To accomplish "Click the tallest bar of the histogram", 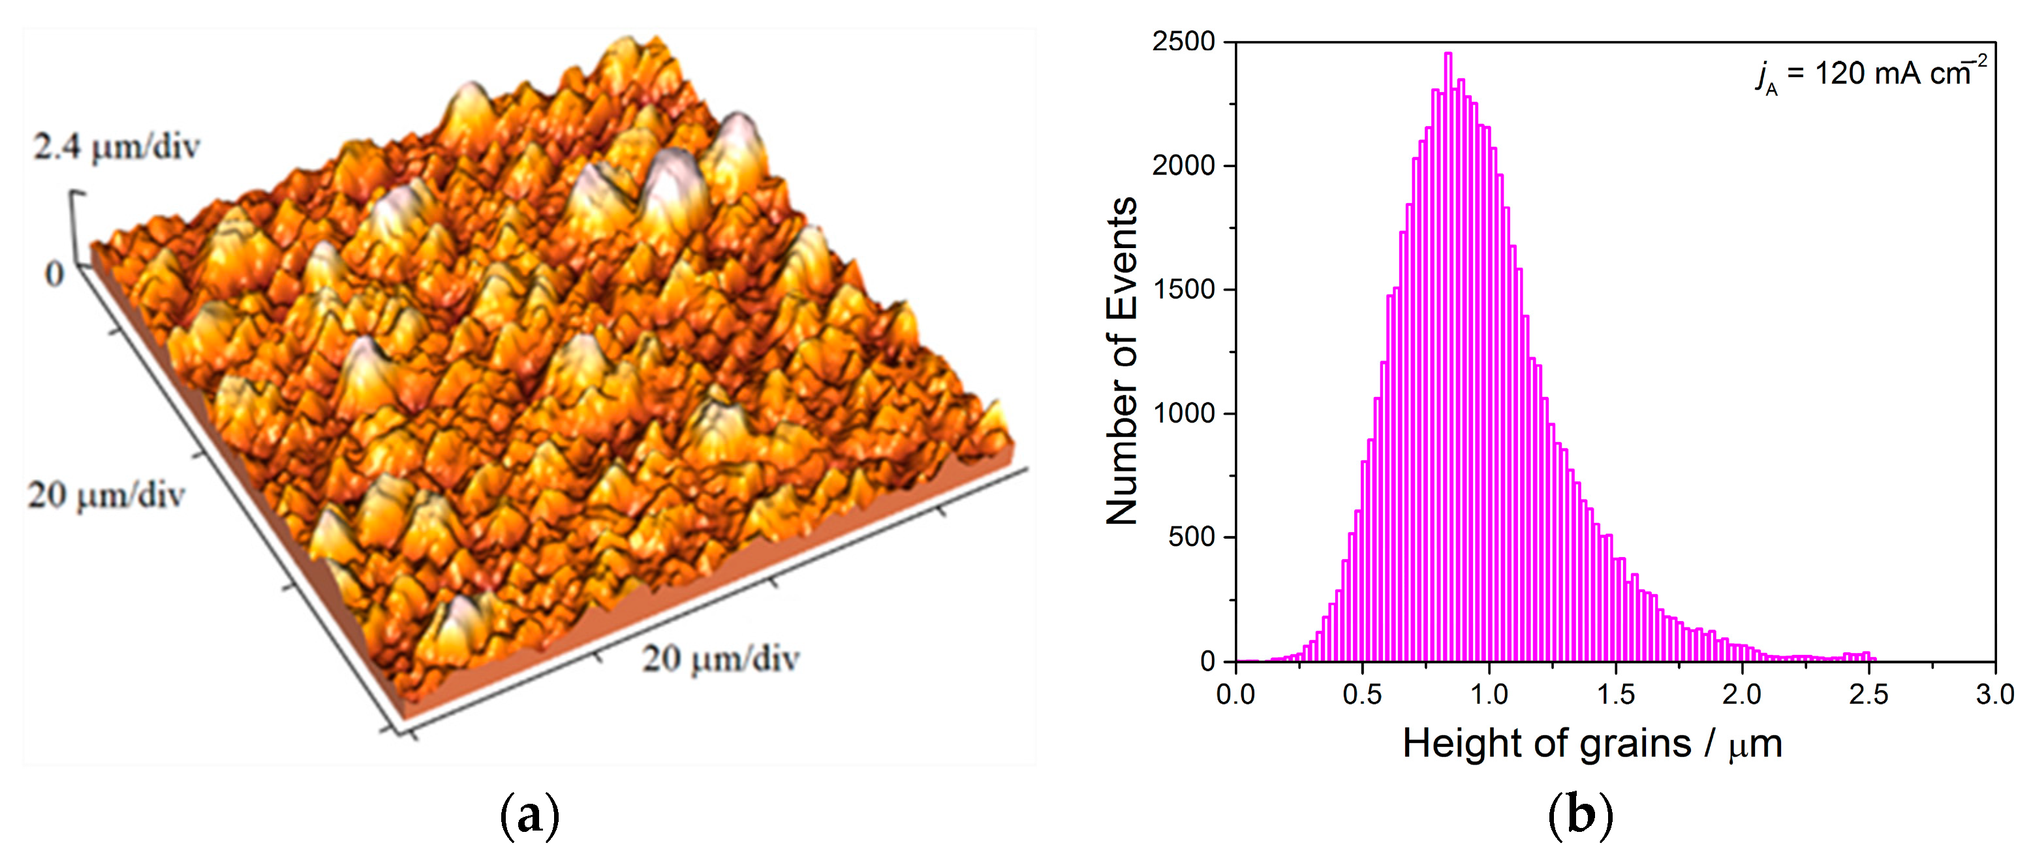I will [x=1448, y=355].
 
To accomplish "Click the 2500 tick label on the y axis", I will [x=1183, y=42].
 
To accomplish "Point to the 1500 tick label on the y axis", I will [x=1183, y=289].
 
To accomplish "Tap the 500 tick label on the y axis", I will [x=1191, y=537].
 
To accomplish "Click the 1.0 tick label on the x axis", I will [x=1489, y=695].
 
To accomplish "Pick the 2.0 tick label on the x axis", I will [x=1742, y=695].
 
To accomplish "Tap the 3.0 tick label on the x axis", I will [x=1994, y=695].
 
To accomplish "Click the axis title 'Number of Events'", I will [x=1122, y=361].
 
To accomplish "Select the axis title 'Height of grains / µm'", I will [x=1592, y=744].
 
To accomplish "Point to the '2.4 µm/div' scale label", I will [x=117, y=148].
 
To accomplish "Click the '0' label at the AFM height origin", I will [x=54, y=274].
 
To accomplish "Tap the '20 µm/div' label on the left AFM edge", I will [x=106, y=495].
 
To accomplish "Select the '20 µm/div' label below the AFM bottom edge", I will [x=721, y=658].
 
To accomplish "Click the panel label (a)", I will [x=529, y=816].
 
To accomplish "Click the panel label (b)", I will [x=1581, y=816].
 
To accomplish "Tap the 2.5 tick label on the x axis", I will [x=1868, y=695].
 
